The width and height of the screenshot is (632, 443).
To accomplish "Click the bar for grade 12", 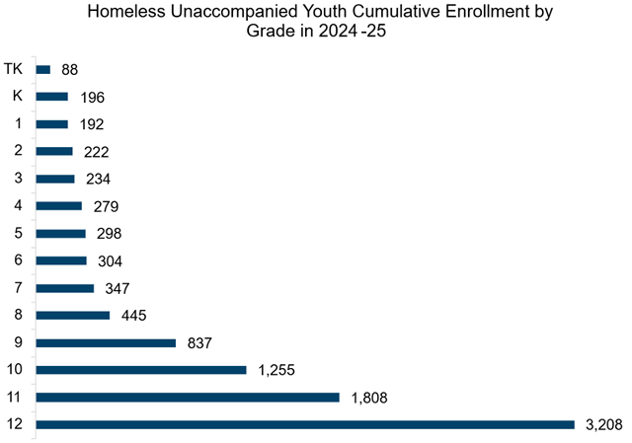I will [305, 425].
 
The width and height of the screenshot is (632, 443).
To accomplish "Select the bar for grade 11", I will [188, 398].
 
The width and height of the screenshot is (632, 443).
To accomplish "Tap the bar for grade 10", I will [141, 370].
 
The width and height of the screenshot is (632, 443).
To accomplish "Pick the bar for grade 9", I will [106, 342].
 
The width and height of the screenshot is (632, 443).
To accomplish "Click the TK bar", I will [43, 69].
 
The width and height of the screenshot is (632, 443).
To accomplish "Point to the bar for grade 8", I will [73, 316].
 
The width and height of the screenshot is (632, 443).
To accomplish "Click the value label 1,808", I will [366, 398].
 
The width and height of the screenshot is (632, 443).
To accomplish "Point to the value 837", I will [197, 342].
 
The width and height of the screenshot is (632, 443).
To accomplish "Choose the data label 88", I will [68, 70].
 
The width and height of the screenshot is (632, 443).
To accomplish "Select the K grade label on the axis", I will [17, 97].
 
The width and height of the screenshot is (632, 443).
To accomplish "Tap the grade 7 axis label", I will [17, 288].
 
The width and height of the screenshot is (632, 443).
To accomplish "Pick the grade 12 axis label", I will [15, 425].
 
